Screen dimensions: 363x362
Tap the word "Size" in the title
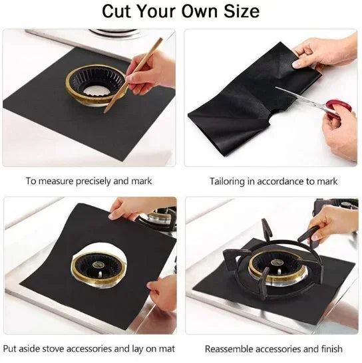pos(240,12)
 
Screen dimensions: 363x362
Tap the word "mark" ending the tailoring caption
pos(327,181)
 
